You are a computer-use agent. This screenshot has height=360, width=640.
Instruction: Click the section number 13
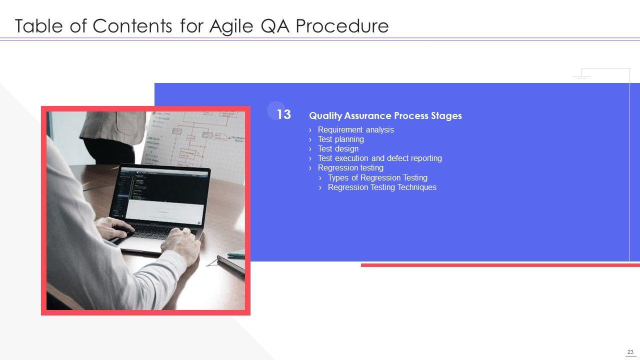click(x=283, y=114)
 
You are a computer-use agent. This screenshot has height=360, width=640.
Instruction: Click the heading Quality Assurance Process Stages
click(x=385, y=115)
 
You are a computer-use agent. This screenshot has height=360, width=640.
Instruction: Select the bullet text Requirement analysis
click(x=355, y=129)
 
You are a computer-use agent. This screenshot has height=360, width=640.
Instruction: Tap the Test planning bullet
click(x=341, y=139)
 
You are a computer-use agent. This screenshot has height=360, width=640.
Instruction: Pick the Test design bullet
click(x=338, y=148)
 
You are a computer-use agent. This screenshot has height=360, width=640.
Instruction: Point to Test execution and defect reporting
click(x=380, y=158)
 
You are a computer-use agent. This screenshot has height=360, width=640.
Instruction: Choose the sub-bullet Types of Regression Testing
click(x=377, y=177)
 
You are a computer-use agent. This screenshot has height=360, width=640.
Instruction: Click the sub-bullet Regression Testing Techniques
click(x=382, y=187)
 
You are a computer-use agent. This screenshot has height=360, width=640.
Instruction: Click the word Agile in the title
click(x=231, y=26)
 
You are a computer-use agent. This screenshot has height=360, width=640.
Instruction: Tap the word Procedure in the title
click(x=342, y=26)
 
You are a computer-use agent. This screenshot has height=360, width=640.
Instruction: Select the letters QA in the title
click(x=274, y=26)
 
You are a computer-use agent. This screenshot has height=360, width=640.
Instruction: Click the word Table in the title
click(x=38, y=26)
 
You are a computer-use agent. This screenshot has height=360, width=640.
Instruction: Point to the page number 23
click(x=630, y=352)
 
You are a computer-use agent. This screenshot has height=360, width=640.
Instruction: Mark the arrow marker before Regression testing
click(x=310, y=168)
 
